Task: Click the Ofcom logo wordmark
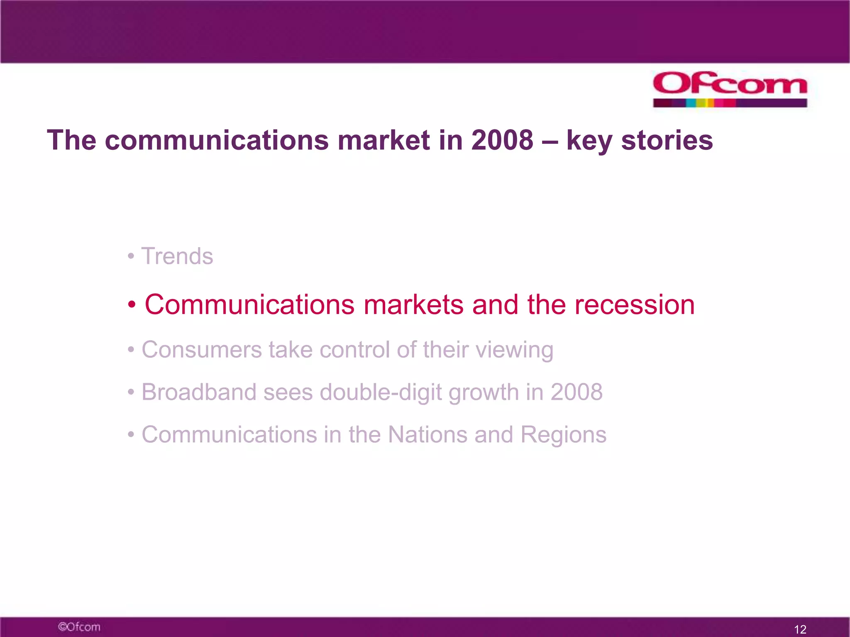pos(730,84)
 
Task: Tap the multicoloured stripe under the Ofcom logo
pos(730,103)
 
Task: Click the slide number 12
pos(800,629)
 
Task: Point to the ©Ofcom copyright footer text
pos(79,627)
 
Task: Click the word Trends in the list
pos(177,256)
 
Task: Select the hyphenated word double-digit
pos(380,393)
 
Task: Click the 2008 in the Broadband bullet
pos(576,392)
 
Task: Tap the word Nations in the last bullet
pos(427,435)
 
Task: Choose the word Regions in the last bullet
pos(563,435)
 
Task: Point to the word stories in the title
pos(667,140)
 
